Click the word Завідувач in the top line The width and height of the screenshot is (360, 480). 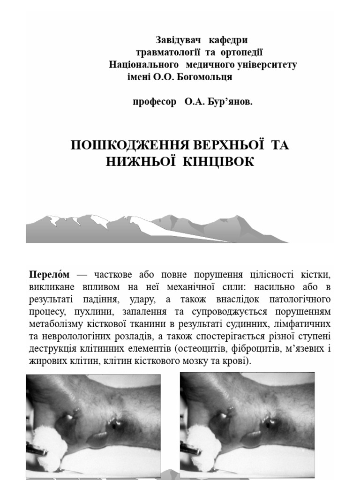(x=177, y=40)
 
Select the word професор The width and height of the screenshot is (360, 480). (x=154, y=102)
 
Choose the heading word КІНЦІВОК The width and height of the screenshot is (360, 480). (x=217, y=162)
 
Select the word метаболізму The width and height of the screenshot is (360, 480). (x=55, y=324)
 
